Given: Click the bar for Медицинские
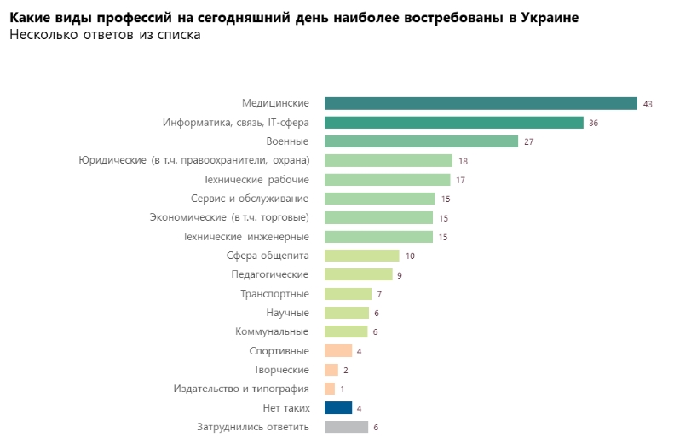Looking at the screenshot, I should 481,103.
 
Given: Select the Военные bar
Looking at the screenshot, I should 421,141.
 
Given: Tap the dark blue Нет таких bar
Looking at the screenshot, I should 338,407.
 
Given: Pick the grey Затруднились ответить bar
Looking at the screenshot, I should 346,427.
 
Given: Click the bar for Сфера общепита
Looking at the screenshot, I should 361,256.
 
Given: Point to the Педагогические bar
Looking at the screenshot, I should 358,274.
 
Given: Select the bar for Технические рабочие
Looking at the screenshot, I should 387,180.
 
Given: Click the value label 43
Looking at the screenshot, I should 648,104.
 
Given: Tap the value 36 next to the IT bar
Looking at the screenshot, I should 593,123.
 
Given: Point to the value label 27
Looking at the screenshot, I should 528,141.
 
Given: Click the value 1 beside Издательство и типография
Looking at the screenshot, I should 342,389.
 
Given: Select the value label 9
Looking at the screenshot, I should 399,275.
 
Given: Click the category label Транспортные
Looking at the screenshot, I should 274,294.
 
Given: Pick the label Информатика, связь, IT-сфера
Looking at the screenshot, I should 236,123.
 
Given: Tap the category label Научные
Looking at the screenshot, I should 287,313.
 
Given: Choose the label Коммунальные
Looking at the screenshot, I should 272,331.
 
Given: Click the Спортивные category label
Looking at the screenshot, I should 279,350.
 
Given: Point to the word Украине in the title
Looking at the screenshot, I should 545,18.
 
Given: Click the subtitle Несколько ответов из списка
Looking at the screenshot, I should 104,35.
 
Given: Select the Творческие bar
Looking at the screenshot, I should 331,370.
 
